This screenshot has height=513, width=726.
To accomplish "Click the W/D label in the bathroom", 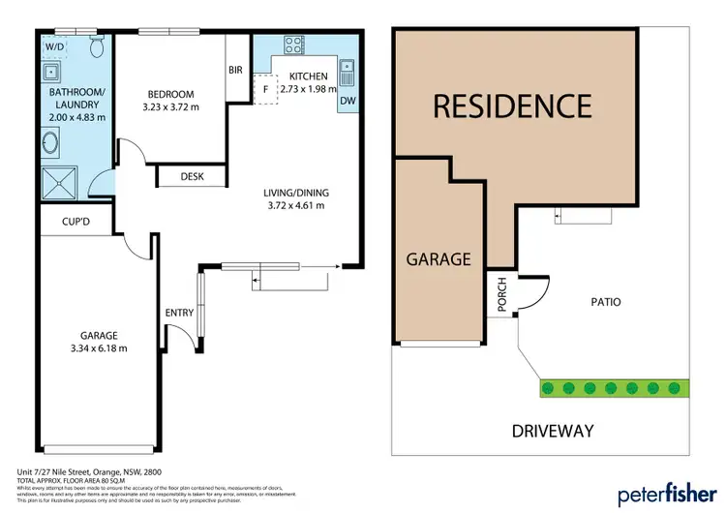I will coord(53,45).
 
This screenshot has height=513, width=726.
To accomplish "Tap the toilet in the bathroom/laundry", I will coord(93,47).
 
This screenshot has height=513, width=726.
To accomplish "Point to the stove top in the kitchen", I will coord(293,45).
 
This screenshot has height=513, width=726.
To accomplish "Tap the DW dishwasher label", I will coord(348,100).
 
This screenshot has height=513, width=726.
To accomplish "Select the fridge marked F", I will coord(264,89).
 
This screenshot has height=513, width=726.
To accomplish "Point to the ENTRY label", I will coord(179,313).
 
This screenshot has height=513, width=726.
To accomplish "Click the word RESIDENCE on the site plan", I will coord(511,105).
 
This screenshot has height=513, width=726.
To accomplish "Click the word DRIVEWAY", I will coord(554,431).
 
